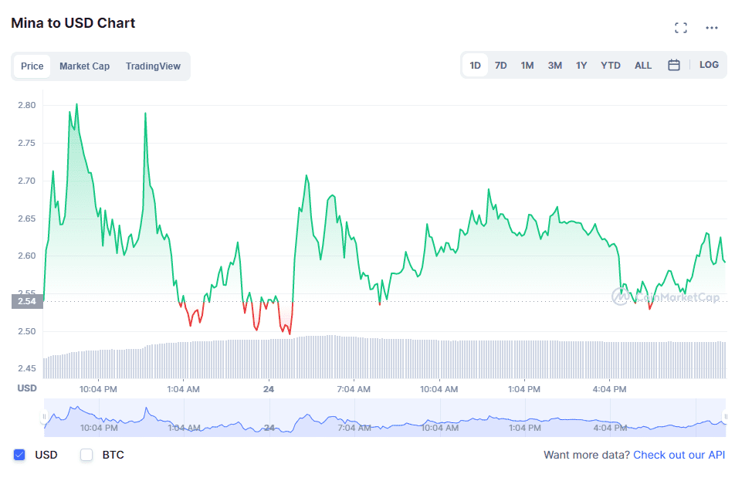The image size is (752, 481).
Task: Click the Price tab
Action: [x=32, y=66]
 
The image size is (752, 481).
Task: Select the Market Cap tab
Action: [x=84, y=66]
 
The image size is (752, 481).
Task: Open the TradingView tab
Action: [x=153, y=66]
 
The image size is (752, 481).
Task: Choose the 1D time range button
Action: [x=476, y=66]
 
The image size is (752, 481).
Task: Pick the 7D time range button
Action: [x=501, y=66]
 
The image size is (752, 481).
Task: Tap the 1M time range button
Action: [x=527, y=66]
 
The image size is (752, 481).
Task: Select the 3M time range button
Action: [x=555, y=66]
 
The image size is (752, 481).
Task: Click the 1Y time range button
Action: [x=581, y=66]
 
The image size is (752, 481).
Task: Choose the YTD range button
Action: [x=611, y=66]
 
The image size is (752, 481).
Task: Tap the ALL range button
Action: [x=643, y=66]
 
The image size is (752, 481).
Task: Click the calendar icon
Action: [x=674, y=66]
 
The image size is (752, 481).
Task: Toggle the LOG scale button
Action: [x=709, y=65]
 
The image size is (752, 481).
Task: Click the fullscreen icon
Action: [x=681, y=28]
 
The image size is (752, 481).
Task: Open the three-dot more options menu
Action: [x=712, y=28]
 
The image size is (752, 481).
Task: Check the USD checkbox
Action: [x=20, y=455]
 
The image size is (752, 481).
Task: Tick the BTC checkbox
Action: [x=86, y=455]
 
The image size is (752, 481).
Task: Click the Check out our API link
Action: [x=679, y=455]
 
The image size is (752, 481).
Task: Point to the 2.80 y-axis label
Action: [x=27, y=105]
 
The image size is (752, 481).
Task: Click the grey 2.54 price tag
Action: [x=27, y=301]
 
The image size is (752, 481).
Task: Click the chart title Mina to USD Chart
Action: [x=73, y=23]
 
